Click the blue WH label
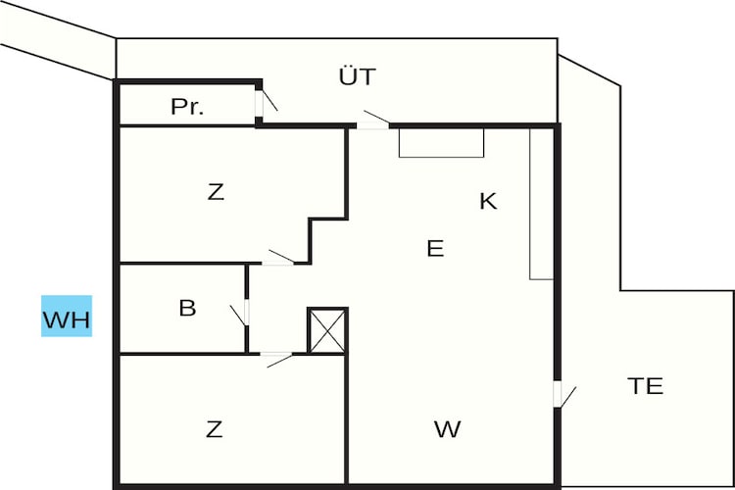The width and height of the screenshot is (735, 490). (x=67, y=316)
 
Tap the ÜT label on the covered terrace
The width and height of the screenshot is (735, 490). (x=357, y=76)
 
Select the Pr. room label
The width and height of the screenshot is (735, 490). (x=187, y=107)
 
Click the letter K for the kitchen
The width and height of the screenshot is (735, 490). (x=488, y=201)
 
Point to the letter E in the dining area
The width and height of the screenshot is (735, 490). (x=435, y=248)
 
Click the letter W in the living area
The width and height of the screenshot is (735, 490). (x=448, y=429)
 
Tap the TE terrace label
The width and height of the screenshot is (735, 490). (x=646, y=386)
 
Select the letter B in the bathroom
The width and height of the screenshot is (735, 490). (x=187, y=308)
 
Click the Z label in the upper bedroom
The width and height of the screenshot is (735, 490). (x=216, y=192)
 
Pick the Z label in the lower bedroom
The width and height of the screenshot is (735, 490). (x=215, y=429)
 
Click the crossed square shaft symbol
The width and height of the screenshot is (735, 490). (x=327, y=330)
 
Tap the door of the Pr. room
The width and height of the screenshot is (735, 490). (x=266, y=101)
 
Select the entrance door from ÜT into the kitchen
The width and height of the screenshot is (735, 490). (x=373, y=121)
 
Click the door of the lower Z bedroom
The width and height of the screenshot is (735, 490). (x=276, y=359)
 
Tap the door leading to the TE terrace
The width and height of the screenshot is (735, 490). (x=563, y=395)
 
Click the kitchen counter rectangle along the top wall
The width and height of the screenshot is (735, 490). (x=441, y=142)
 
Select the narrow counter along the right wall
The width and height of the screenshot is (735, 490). (x=542, y=204)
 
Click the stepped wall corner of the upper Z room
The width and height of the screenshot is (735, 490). (x=310, y=220)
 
